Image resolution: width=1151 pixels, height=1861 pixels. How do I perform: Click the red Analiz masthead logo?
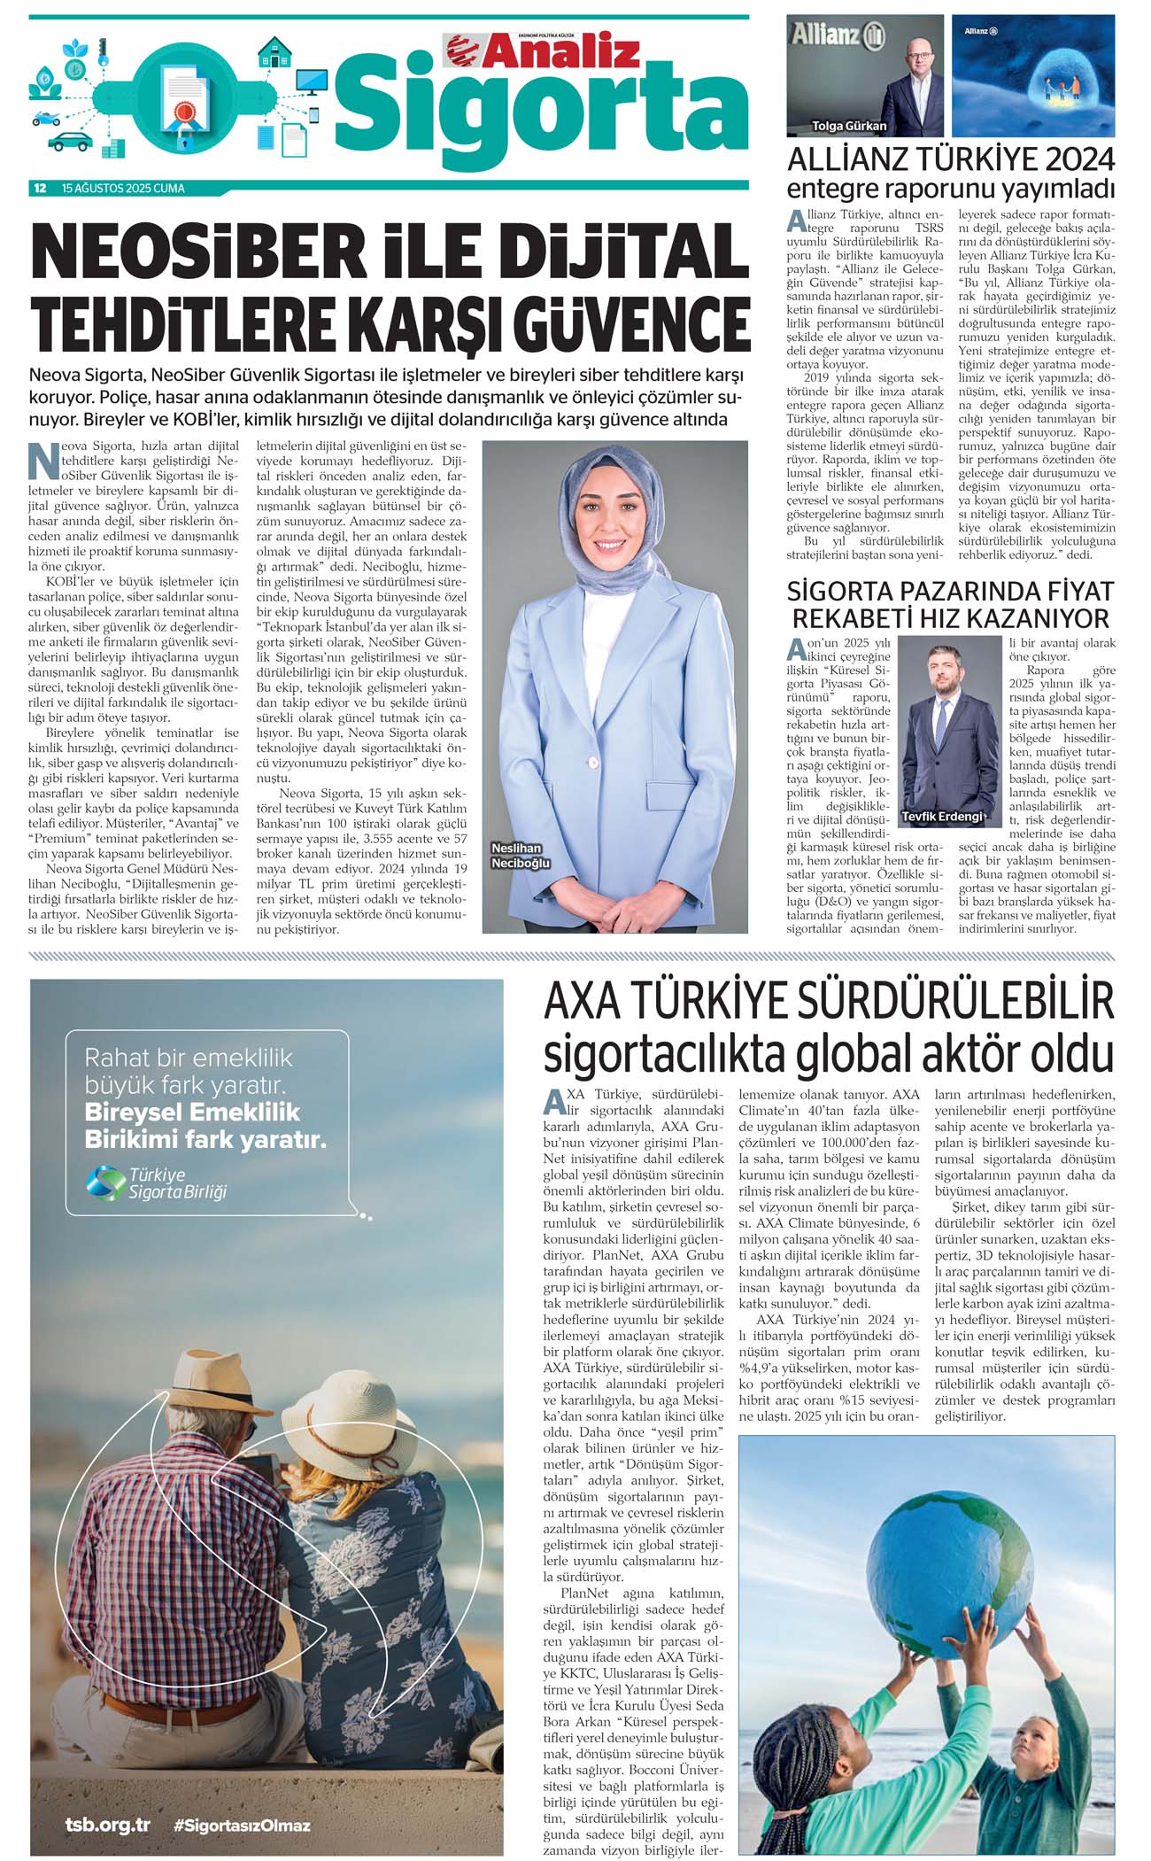pyautogui.click(x=542, y=50)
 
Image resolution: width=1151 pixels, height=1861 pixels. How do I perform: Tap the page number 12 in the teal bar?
pyautogui.click(x=40, y=188)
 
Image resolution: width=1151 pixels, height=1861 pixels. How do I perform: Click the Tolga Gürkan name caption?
pyautogui.click(x=849, y=126)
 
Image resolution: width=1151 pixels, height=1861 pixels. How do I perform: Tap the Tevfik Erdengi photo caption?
pyautogui.click(x=942, y=816)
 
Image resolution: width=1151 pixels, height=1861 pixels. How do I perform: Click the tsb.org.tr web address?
pyautogui.click(x=107, y=1826)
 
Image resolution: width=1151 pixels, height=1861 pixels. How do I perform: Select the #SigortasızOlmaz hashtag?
pyautogui.click(x=242, y=1826)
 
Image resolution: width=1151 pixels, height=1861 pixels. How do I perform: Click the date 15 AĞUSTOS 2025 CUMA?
pyautogui.click(x=123, y=188)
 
